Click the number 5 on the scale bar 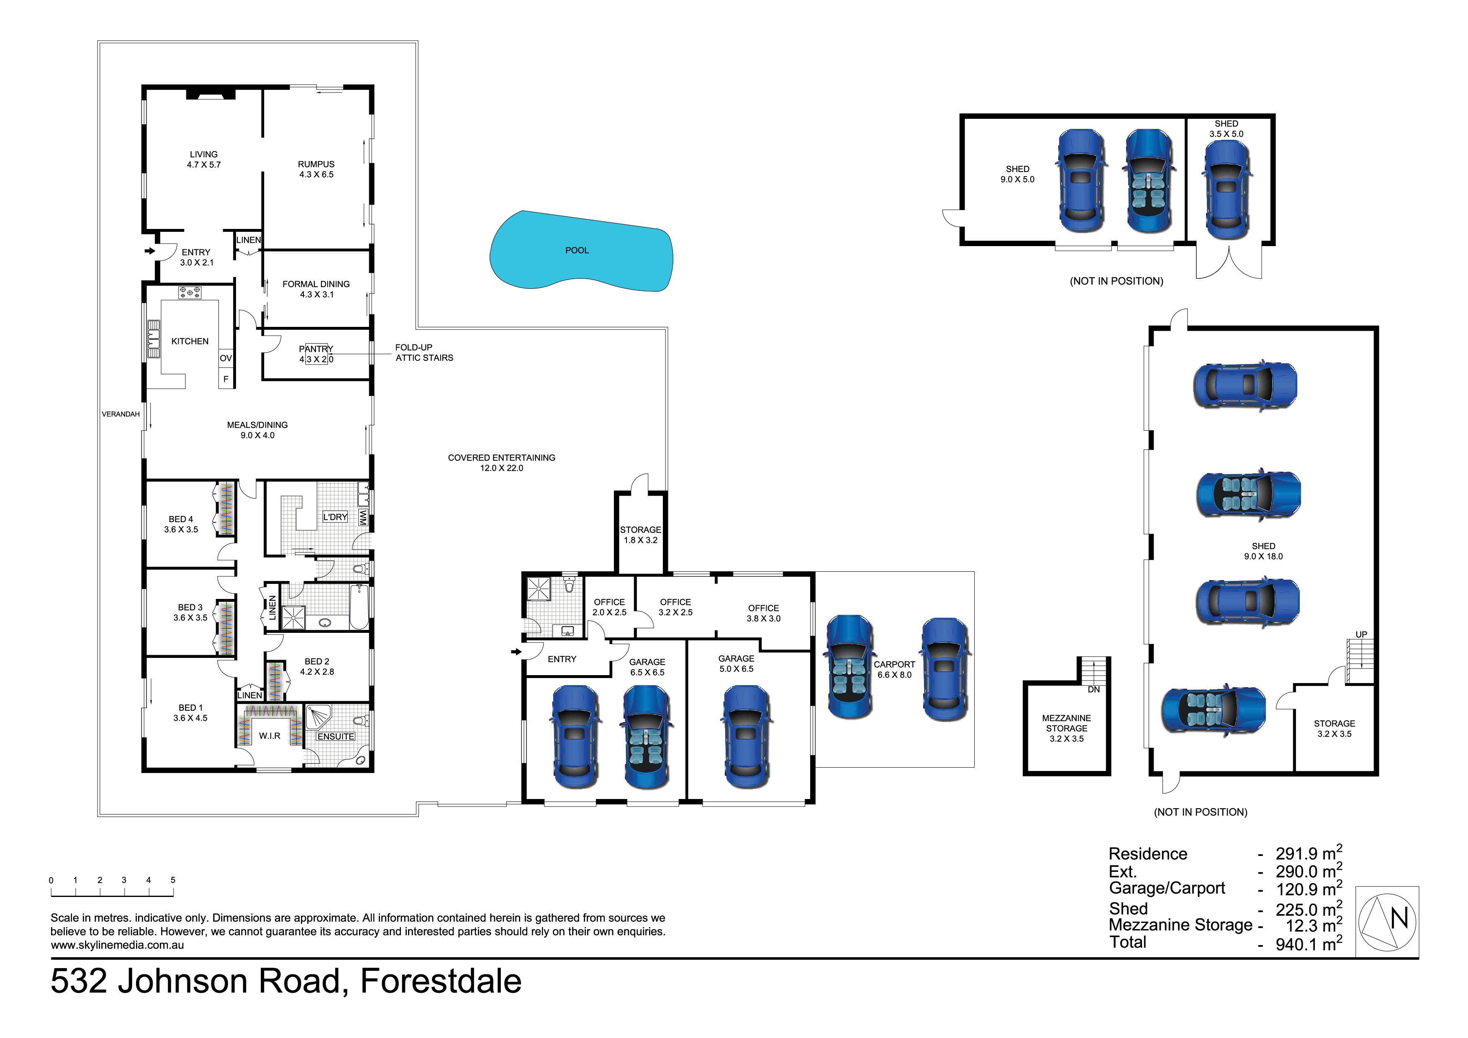point(173,880)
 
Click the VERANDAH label point(120,414)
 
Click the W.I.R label point(269,736)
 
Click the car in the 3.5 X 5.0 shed point(1226,189)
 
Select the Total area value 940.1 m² point(1308,944)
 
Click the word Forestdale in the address point(441,981)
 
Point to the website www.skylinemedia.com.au point(117,945)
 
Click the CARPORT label point(894,665)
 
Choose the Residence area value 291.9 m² point(1308,854)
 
